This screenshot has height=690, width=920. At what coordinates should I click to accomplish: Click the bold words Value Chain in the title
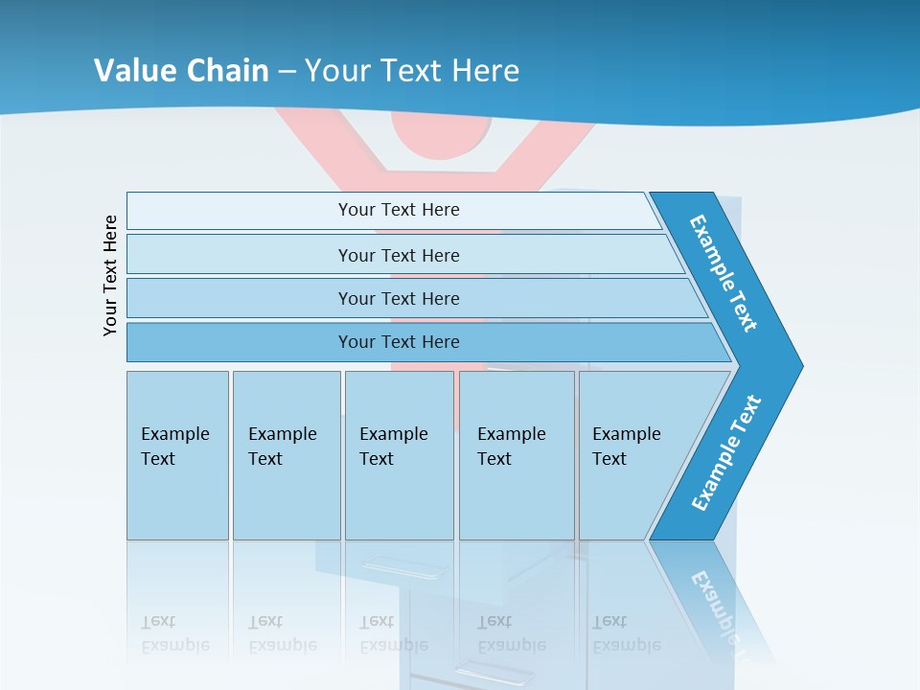pyautogui.click(x=181, y=70)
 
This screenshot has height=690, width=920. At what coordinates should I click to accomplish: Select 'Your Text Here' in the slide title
pyautogui.click(x=412, y=70)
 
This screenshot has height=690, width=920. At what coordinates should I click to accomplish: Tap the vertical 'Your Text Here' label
pyautogui.click(x=111, y=275)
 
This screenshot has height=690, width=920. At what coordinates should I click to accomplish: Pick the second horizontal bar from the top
pyautogui.click(x=398, y=255)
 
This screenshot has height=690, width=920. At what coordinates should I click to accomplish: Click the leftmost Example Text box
pyautogui.click(x=177, y=455)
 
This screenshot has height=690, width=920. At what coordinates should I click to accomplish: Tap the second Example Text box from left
pyautogui.click(x=286, y=455)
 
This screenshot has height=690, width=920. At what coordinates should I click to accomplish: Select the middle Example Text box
pyautogui.click(x=399, y=455)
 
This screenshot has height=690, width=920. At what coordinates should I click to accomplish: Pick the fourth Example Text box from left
pyautogui.click(x=517, y=455)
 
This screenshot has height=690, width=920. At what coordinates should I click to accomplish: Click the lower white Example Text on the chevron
pyautogui.click(x=726, y=453)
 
